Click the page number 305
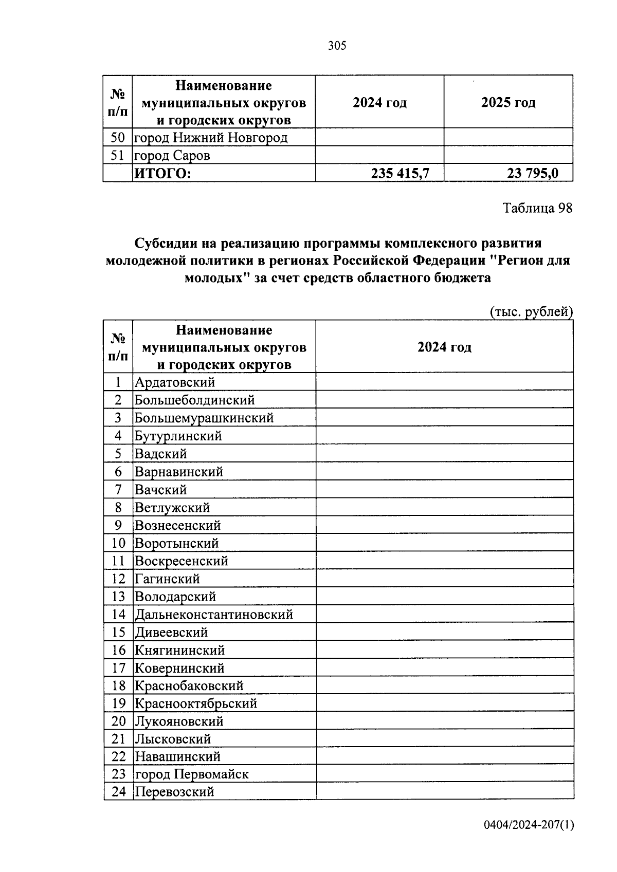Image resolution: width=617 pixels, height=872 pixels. point(337,46)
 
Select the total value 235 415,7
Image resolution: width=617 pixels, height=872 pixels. point(400,174)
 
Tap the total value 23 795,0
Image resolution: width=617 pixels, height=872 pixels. point(532,174)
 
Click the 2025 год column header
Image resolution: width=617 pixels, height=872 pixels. point(508,103)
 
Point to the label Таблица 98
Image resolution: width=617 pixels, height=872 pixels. point(537,208)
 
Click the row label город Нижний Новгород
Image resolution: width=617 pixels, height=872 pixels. point(211,138)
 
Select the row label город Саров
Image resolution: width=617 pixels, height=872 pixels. point(172,156)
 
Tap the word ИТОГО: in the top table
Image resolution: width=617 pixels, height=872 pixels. point(162,174)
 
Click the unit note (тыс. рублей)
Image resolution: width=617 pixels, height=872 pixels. point(531,312)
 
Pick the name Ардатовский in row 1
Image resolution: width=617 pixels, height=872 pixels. point(175,382)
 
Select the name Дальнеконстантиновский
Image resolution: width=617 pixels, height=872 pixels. point(214,615)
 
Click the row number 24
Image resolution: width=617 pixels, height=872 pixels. point(118,792)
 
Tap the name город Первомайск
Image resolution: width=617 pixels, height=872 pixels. point(191,774)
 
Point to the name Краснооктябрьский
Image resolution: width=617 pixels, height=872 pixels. point(196,703)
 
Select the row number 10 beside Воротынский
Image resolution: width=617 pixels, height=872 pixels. point(118,543)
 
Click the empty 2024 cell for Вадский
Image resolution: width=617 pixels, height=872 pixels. point(444,454)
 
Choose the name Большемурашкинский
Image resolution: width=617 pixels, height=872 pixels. point(204,418)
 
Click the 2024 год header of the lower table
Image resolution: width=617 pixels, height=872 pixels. point(444,347)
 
